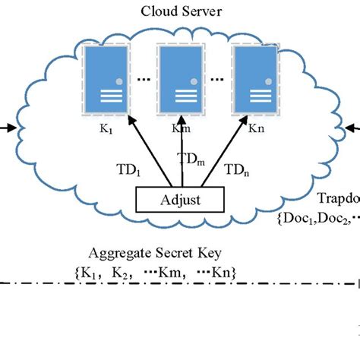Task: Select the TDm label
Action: pyautogui.click(x=191, y=159)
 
